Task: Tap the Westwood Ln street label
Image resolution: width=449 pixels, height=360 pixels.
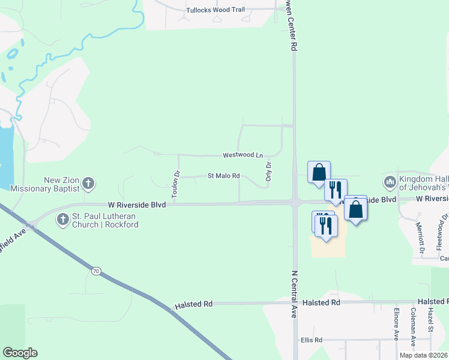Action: click(243, 155)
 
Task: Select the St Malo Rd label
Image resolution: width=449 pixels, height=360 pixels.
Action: click(223, 176)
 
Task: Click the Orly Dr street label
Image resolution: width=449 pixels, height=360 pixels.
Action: click(268, 170)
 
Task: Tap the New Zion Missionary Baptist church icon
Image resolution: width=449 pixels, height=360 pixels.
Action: click(88, 183)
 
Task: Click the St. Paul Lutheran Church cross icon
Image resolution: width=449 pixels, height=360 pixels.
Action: click(62, 220)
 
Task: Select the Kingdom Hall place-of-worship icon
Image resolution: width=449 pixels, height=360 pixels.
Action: click(389, 181)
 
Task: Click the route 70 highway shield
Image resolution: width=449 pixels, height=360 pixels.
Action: click(96, 271)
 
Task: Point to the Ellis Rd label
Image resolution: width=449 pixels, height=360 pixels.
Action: click(311, 340)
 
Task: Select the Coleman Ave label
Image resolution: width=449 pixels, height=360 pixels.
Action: click(414, 325)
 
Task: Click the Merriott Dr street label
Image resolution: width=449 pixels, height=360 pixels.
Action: click(420, 238)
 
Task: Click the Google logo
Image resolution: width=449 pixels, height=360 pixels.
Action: click(20, 353)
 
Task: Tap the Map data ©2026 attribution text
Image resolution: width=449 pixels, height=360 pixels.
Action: click(424, 355)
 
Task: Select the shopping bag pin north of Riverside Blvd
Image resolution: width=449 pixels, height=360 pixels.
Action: click(319, 172)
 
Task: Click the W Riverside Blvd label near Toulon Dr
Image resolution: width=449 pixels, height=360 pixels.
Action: click(137, 205)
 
